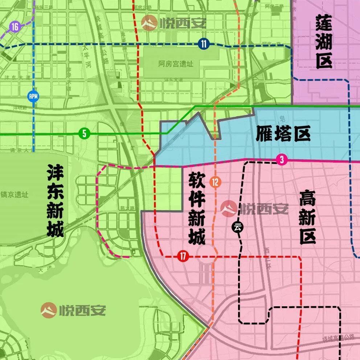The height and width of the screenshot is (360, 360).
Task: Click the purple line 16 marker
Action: (15, 27)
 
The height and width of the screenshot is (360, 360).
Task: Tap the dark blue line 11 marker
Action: (204, 44)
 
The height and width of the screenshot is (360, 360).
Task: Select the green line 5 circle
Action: (84, 134)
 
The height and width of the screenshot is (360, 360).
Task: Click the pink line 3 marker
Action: (281, 160)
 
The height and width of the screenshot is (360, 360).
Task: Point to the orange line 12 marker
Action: (215, 183)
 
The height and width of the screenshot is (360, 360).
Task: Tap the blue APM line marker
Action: (33, 96)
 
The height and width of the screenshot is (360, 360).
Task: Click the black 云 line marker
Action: (238, 227)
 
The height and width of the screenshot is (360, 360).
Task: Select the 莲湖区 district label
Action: (324, 42)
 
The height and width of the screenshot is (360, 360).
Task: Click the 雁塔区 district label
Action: (283, 134)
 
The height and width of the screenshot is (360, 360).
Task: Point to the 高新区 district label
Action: (307, 218)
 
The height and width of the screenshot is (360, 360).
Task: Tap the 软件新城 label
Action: (197, 208)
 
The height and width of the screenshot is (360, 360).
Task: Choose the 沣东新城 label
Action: (55, 201)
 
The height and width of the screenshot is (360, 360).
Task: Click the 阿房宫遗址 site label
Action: (176, 64)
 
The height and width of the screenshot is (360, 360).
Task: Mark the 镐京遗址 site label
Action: (15, 195)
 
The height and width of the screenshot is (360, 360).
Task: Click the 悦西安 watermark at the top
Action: (174, 24)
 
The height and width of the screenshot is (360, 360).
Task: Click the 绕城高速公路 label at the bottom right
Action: (338, 338)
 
